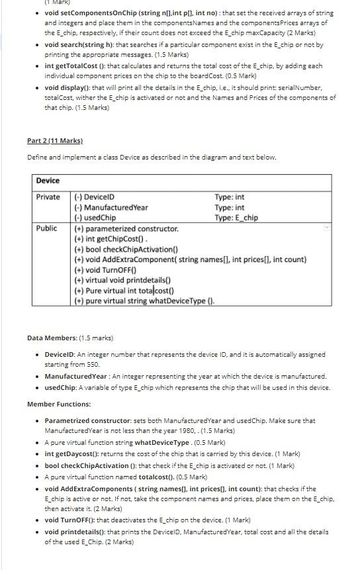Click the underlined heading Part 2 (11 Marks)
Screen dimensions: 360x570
pyautogui.click(x=54, y=141)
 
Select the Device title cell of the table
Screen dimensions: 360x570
pyautogui.click(x=48, y=181)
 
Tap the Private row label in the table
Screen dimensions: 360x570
pyautogui.click(x=48, y=197)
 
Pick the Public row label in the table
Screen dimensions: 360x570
pyautogui.click(x=46, y=228)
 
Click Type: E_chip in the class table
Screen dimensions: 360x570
pyautogui.click(x=236, y=217)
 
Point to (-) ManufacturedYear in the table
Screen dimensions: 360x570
pyautogui.click(x=111, y=207)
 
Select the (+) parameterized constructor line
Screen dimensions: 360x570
pyautogui.click(x=126, y=228)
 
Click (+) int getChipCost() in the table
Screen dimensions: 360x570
pyautogui.click(x=111, y=239)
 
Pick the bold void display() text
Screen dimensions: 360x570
pyautogui.click(x=68, y=87)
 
